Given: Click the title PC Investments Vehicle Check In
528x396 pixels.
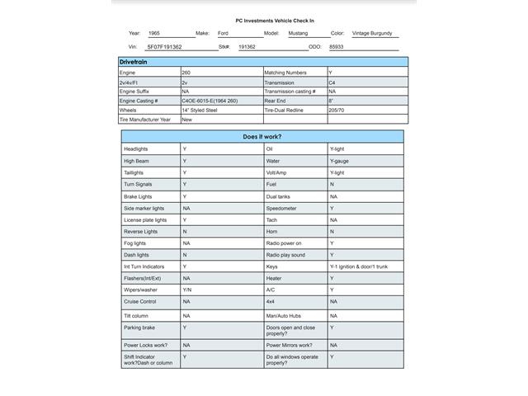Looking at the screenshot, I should pyautogui.click(x=275, y=20).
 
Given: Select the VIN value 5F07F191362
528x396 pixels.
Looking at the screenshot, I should pyautogui.click(x=164, y=47).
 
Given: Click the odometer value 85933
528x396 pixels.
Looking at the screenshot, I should pyautogui.click(x=336, y=47).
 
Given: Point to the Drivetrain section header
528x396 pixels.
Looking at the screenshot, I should pyautogui.click(x=134, y=62).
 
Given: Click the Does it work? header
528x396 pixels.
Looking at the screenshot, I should pyautogui.click(x=262, y=136).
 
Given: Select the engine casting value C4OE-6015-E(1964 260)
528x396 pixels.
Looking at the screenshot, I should pyautogui.click(x=210, y=100).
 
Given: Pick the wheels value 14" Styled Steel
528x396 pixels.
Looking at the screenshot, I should pyautogui.click(x=200, y=110).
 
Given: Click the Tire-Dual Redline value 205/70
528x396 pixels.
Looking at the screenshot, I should pyautogui.click(x=337, y=110).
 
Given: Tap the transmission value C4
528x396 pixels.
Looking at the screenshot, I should pyautogui.click(x=332, y=82).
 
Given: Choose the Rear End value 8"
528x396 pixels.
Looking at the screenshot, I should pyautogui.click(x=332, y=101).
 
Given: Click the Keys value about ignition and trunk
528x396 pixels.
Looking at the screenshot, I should pyautogui.click(x=358, y=266).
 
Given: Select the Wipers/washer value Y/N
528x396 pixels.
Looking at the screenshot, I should pyautogui.click(x=187, y=290).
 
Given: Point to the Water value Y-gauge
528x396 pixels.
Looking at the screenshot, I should pyautogui.click(x=339, y=161).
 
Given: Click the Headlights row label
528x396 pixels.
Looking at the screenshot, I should pyautogui.click(x=136, y=149).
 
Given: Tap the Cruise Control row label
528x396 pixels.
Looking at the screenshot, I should pyautogui.click(x=139, y=302).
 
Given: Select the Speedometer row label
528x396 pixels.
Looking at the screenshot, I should pyautogui.click(x=281, y=209).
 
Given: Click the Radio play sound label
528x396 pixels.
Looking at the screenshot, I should pyautogui.click(x=285, y=255).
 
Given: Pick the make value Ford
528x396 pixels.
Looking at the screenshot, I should pyautogui.click(x=223, y=34).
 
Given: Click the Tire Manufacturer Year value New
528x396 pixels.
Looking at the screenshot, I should pyautogui.click(x=186, y=119).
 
